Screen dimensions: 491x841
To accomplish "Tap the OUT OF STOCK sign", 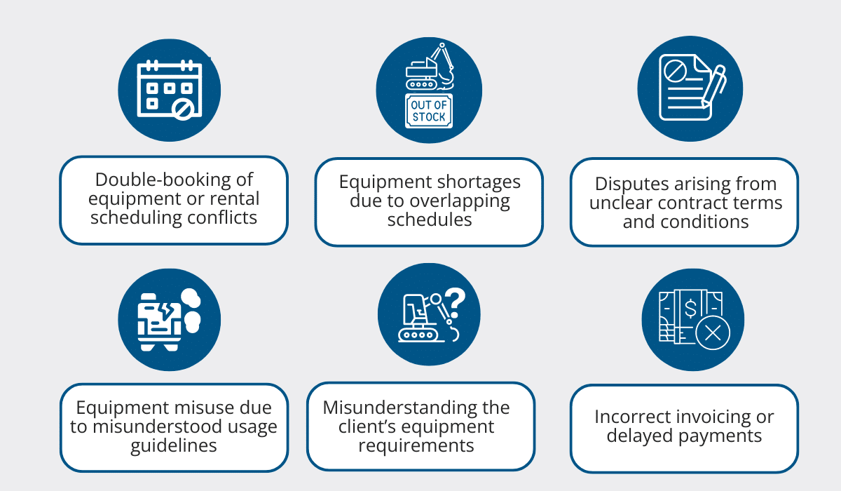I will (x=429, y=111).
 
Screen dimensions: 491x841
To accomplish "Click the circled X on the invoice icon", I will (x=713, y=332).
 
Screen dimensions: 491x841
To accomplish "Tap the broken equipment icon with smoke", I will (x=169, y=319).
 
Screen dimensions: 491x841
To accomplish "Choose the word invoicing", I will (x=709, y=417).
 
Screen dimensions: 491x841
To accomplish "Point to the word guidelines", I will (x=174, y=446).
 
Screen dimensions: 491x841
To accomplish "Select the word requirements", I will (x=416, y=445).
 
